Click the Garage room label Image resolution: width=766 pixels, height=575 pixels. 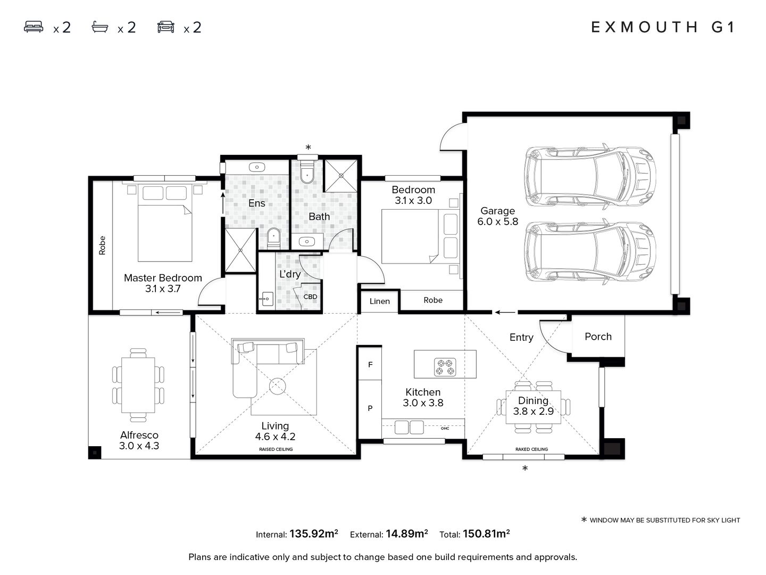tap(497, 210)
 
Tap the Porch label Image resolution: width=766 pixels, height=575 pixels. tap(598, 336)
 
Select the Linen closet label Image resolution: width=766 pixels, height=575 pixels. tap(379, 301)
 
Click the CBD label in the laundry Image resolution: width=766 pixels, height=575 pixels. tap(310, 297)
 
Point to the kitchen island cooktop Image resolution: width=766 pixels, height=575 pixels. tap(445, 367)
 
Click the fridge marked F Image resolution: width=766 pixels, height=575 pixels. tap(370, 364)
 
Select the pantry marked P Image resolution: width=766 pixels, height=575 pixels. tap(370, 408)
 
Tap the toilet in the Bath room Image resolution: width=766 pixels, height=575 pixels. tap(307, 172)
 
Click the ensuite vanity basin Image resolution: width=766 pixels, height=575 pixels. tap(257, 167)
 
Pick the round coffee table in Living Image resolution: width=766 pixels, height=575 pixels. tap(278, 386)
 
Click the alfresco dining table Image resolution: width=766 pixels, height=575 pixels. tap(138, 385)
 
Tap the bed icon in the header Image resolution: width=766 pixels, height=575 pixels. tap(34, 27)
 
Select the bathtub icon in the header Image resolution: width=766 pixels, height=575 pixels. tap(100, 27)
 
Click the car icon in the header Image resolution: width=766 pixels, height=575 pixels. tap(166, 27)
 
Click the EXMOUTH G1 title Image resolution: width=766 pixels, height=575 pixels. tap(663, 27)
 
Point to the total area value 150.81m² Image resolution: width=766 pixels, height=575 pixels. tap(486, 533)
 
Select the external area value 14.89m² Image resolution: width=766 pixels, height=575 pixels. tap(406, 533)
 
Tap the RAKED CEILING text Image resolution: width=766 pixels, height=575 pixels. tap(531, 449)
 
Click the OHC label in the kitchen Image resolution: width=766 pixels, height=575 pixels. tap(445, 429)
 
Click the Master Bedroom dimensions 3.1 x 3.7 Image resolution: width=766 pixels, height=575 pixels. tap(163, 289)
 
